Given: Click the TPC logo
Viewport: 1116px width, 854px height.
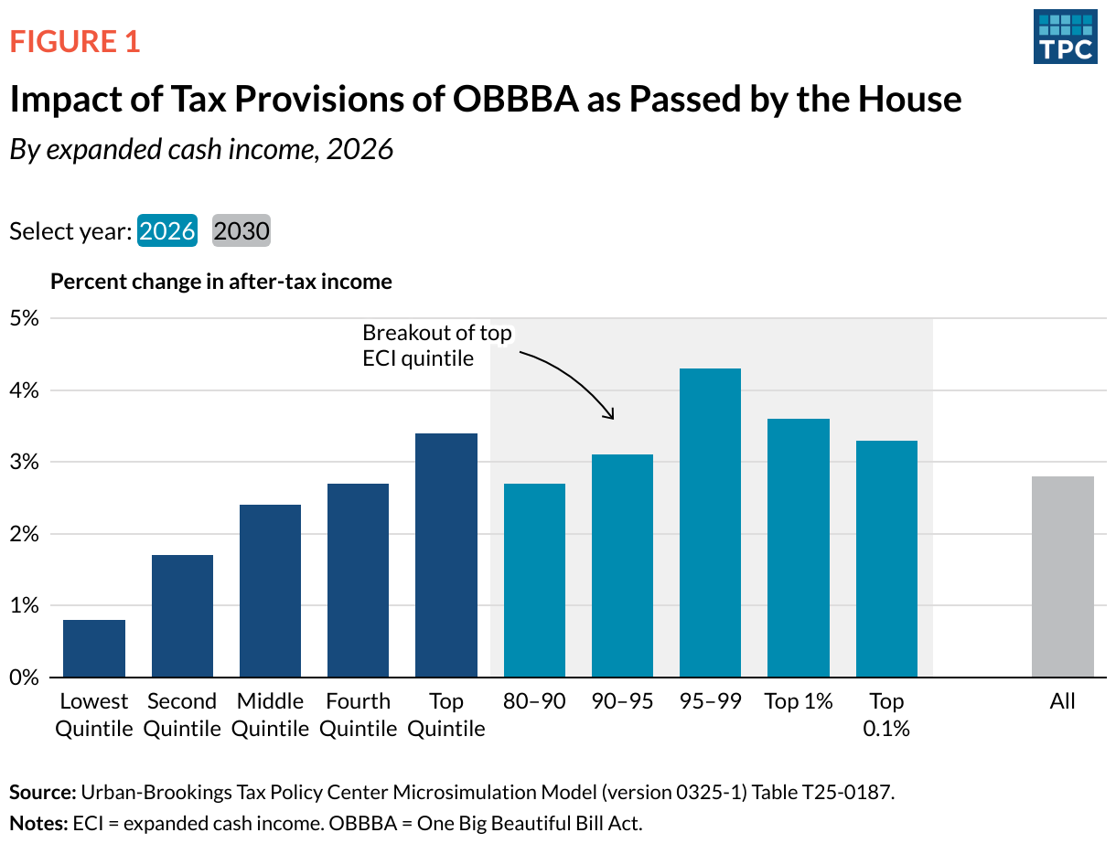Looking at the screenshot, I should [1065, 37].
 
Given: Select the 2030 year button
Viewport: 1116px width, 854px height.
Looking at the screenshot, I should [241, 230].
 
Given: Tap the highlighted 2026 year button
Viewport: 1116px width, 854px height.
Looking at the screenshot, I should [167, 230].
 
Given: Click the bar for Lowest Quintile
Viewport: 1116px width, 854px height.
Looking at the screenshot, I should [94, 648].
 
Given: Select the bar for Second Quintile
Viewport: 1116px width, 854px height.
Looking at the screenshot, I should [182, 616].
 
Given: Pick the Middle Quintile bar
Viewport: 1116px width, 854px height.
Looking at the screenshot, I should [270, 591].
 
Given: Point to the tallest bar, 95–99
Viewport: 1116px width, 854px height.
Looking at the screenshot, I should [710, 522].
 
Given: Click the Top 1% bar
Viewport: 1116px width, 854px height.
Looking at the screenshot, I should [799, 548].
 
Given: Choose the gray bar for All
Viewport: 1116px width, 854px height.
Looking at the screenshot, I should [1063, 576].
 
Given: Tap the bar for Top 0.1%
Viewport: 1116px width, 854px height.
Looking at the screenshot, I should [886, 559].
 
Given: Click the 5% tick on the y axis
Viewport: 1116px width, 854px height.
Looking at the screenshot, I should [25, 319].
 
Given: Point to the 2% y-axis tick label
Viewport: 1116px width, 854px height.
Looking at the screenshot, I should [25, 534].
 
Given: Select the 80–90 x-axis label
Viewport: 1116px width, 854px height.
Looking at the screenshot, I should [534, 701].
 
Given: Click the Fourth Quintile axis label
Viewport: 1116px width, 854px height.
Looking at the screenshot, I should [359, 715].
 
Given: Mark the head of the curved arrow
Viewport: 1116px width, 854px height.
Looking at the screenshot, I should [611, 417].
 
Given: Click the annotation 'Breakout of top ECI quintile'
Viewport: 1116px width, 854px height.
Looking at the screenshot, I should [436, 345].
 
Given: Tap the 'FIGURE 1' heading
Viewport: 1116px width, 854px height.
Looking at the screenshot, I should [75, 41].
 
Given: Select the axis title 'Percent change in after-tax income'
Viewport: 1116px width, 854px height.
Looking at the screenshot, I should [221, 282].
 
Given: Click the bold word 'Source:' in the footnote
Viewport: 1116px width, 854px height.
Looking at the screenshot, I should [42, 792].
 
